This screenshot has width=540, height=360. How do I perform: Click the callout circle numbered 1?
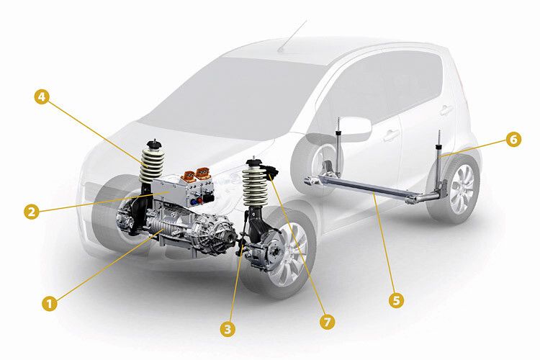[50, 303]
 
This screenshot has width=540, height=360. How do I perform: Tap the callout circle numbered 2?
[30, 211]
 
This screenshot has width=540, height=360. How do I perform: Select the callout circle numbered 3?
[228, 329]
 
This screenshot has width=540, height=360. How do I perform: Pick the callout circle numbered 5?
[395, 300]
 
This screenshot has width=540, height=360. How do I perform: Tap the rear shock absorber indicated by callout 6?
[440, 155]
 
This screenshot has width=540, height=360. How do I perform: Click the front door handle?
[392, 135]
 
